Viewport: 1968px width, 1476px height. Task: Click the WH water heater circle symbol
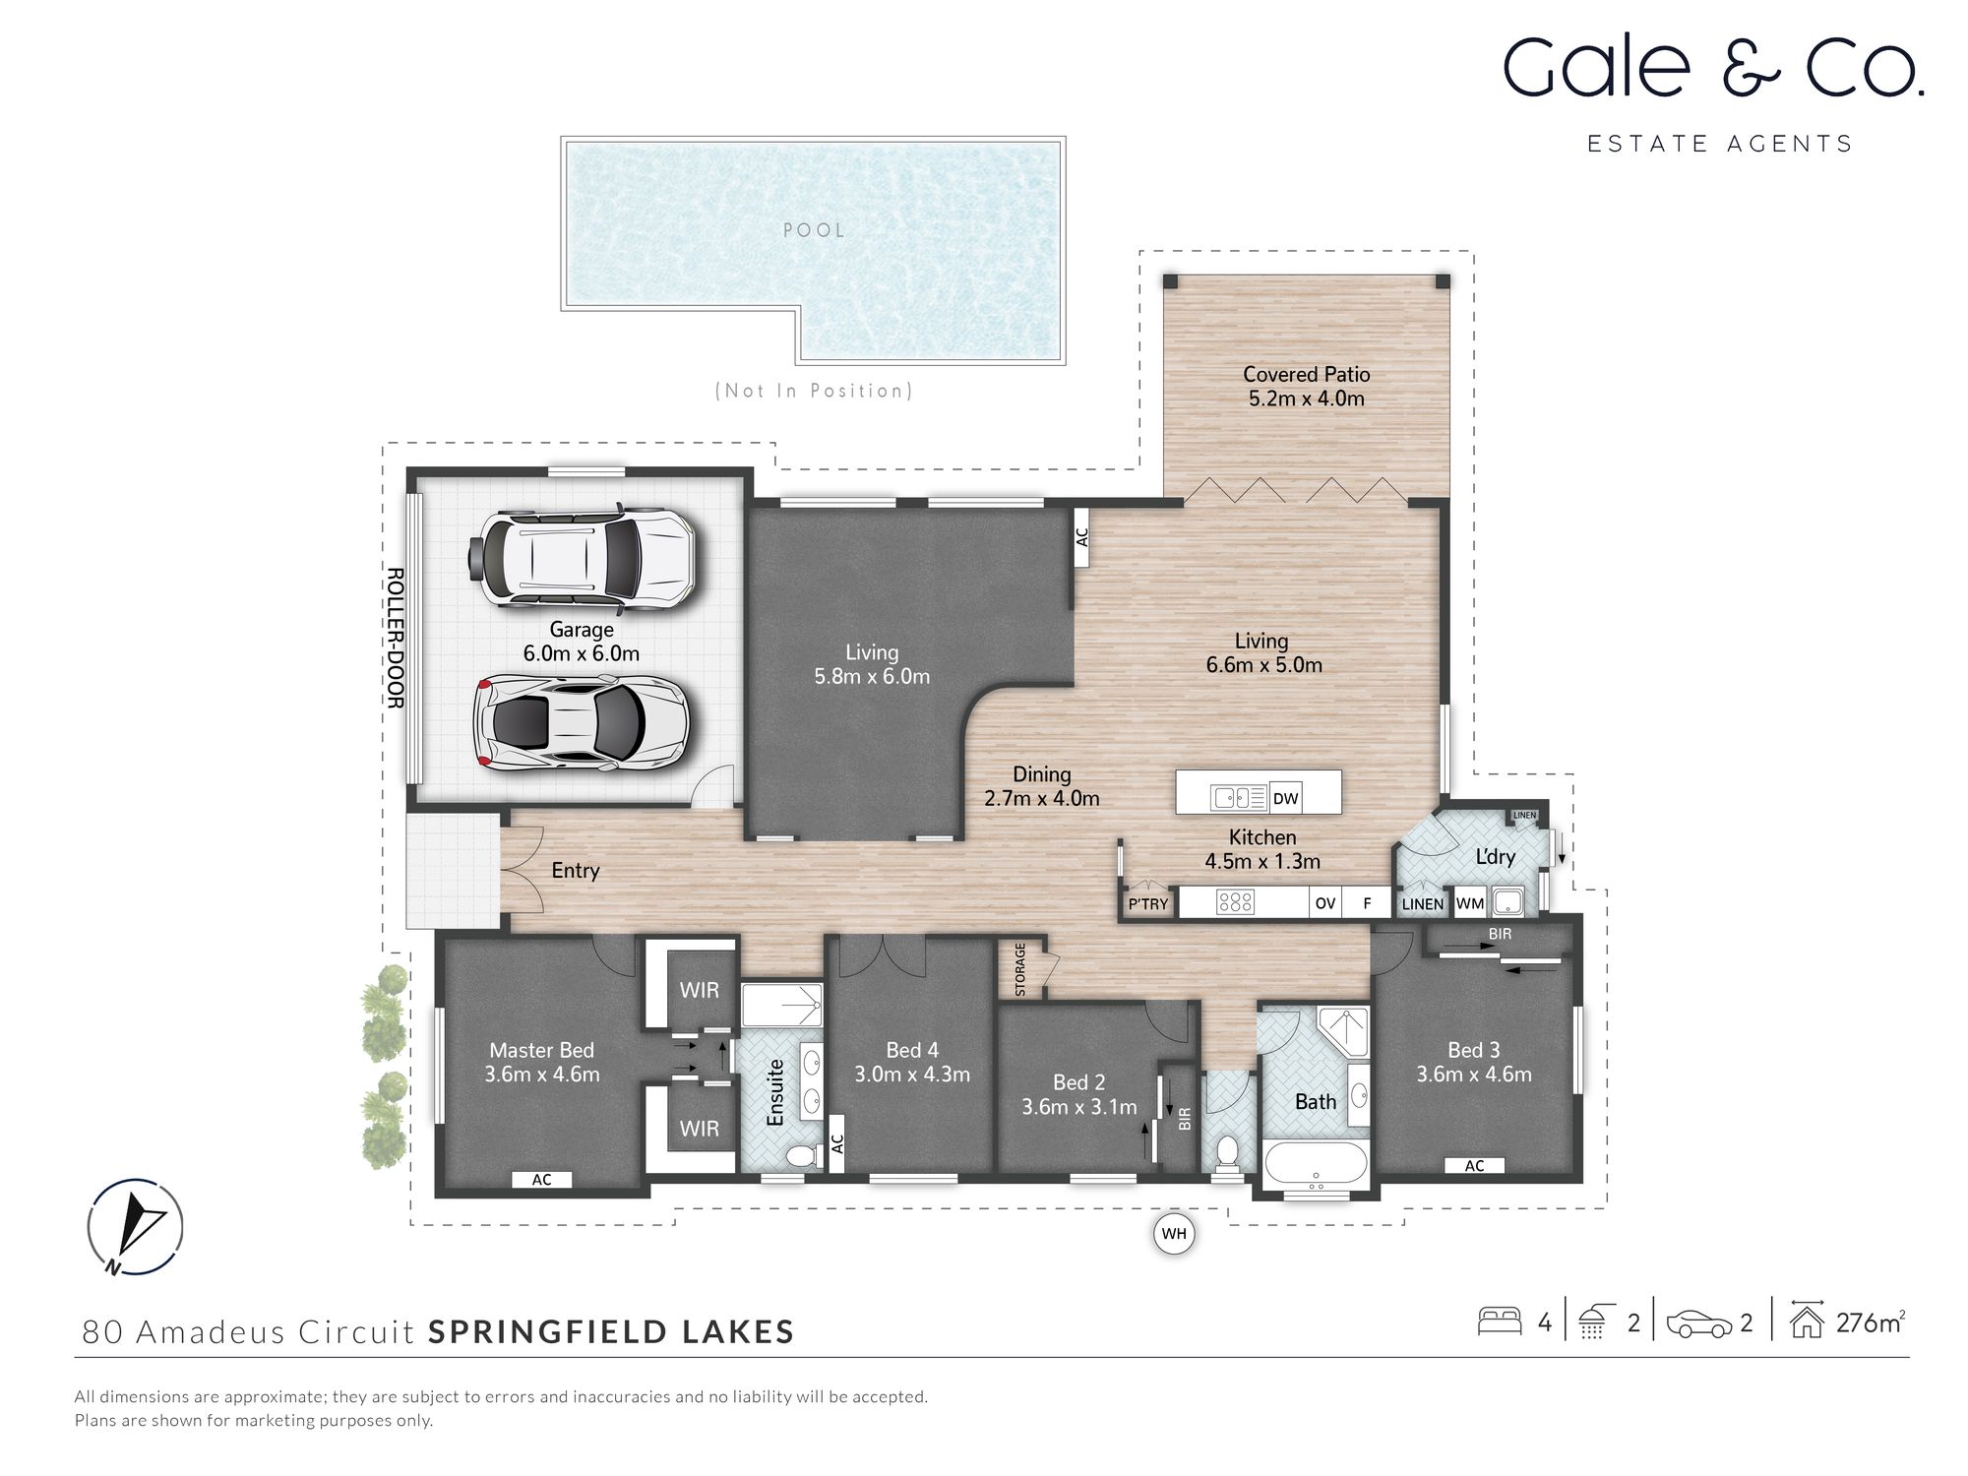tap(1174, 1234)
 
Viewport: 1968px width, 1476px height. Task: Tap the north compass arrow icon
tap(135, 1226)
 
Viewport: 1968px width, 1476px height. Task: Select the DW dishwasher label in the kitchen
tap(1285, 799)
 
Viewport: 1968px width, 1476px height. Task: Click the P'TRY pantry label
tap(1147, 903)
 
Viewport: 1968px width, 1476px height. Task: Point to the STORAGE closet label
tap(1020, 969)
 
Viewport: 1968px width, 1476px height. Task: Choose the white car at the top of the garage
tap(583, 557)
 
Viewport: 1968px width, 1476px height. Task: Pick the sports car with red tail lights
tap(582, 721)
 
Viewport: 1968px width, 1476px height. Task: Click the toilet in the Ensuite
tap(805, 1155)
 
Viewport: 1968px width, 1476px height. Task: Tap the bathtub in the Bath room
tap(1316, 1164)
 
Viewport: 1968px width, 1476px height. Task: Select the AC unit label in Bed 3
tap(1474, 1166)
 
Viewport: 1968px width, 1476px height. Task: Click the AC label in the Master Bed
tap(541, 1180)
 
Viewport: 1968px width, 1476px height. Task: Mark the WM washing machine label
tap(1470, 903)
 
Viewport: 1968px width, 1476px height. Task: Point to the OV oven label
tap(1325, 903)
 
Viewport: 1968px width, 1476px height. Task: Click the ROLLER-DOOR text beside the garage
tap(395, 637)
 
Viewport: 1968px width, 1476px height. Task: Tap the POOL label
tap(814, 230)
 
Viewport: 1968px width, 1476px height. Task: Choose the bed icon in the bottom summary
tap(1500, 1322)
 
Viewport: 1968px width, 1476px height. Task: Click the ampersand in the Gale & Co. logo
tap(1752, 69)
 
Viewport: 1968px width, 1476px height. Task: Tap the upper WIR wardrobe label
tap(699, 990)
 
